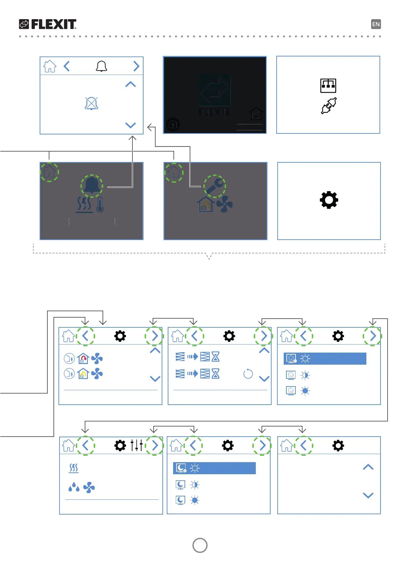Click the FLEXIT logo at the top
(x=48, y=24)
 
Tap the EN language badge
(x=376, y=24)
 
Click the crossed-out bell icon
(x=91, y=104)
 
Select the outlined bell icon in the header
(x=101, y=66)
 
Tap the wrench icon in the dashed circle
(x=215, y=186)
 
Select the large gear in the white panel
(x=329, y=200)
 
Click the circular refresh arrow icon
(x=248, y=374)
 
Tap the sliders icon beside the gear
(x=137, y=445)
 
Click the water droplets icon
(x=74, y=487)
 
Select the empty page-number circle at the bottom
(x=200, y=545)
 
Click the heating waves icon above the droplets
(x=74, y=468)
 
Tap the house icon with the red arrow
(x=83, y=359)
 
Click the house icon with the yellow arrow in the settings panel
(x=83, y=374)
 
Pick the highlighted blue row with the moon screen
(x=214, y=468)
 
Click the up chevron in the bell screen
(x=130, y=84)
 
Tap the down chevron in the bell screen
(x=130, y=125)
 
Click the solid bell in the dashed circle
(x=92, y=186)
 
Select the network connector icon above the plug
(x=328, y=85)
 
